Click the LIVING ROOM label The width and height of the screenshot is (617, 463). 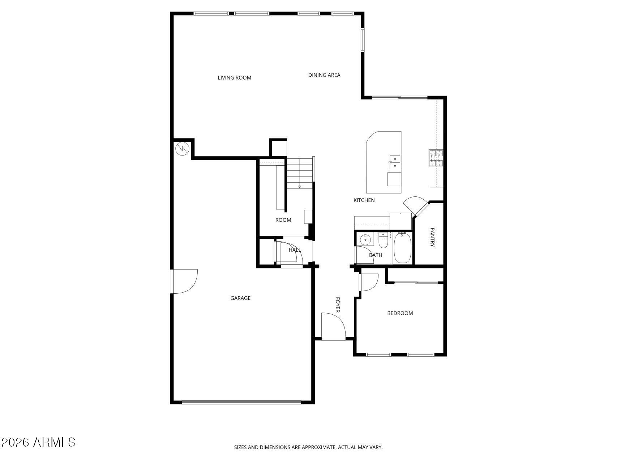tap(234, 78)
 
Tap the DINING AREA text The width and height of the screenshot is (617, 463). tap(324, 75)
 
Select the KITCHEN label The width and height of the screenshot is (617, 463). tap(364, 200)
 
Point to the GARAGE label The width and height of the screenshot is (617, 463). tap(240, 298)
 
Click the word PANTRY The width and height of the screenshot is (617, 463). tap(432, 237)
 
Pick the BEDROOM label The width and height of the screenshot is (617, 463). tap(400, 313)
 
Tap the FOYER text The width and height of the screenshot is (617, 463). tap(338, 305)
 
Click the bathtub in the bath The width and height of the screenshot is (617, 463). tap(402, 249)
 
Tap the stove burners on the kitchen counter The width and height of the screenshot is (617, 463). tap(436, 158)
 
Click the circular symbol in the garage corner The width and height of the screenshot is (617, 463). tap(182, 149)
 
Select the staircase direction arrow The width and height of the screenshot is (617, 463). tap(300, 187)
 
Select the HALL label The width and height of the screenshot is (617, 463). tap(295, 250)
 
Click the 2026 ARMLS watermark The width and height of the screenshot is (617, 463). tap(39, 442)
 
